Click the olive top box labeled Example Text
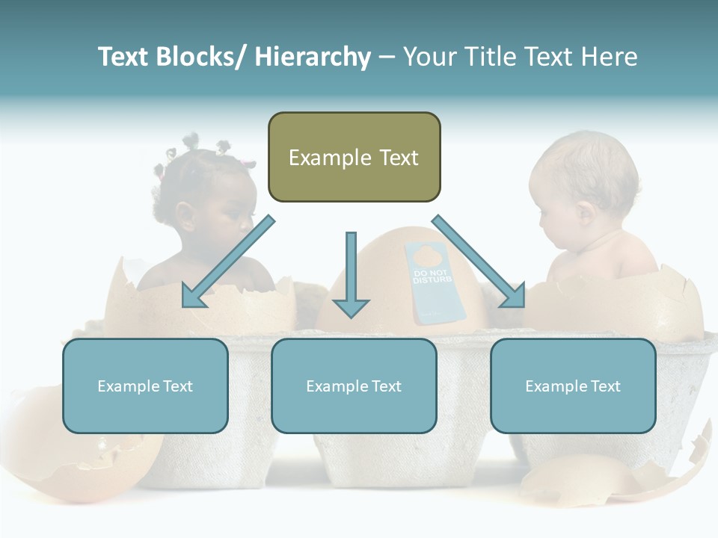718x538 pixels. (354, 157)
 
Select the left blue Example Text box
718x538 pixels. (145, 386)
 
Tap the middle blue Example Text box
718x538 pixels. (354, 386)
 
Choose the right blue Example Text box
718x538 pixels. (573, 386)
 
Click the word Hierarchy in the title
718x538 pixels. (313, 57)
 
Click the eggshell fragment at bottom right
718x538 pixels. (591, 478)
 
